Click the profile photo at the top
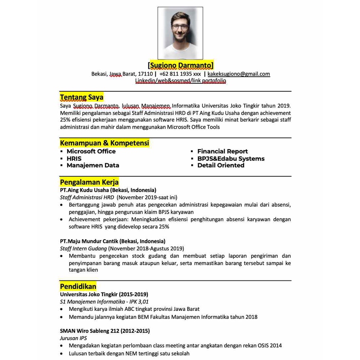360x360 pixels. coord(180,33)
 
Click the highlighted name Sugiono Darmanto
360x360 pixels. coord(180,65)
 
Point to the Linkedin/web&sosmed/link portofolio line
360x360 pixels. coord(180,81)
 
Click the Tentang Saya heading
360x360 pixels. coord(82,97)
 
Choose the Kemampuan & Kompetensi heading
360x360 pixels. coord(104,143)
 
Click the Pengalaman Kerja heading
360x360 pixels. coord(89,182)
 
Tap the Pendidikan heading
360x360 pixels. coord(78,286)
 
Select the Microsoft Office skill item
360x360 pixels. coord(91,151)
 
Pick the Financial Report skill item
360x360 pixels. coord(222,151)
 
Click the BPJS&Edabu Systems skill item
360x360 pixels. coord(231,158)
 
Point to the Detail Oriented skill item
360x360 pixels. coord(221,165)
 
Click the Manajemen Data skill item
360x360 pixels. coord(92,165)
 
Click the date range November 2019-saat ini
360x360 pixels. coord(147,197)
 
